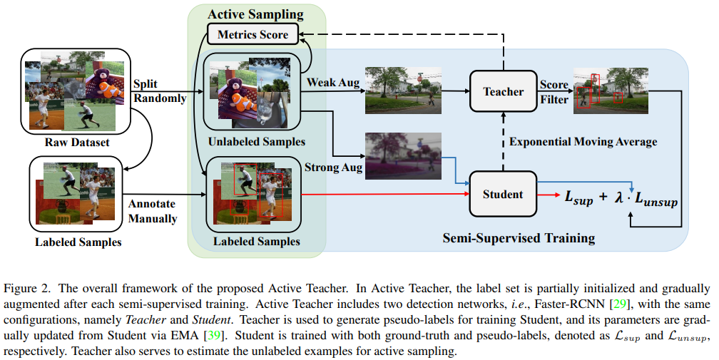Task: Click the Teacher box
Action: click(503, 91)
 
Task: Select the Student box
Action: click(503, 194)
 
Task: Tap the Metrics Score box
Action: click(253, 34)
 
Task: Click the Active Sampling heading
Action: click(255, 14)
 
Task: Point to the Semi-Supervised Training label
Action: click(519, 237)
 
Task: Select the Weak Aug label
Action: click(333, 83)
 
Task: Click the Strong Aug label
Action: click(333, 168)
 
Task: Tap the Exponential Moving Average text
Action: click(583, 142)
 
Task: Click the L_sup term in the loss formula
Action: click(578, 197)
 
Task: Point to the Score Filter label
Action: click(554, 92)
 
